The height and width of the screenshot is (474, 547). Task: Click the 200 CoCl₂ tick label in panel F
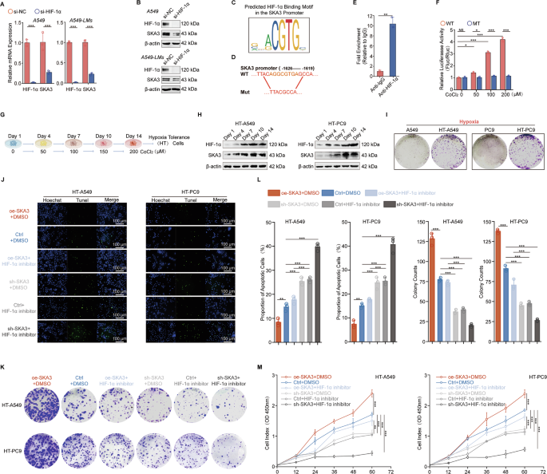coord(525,93)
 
